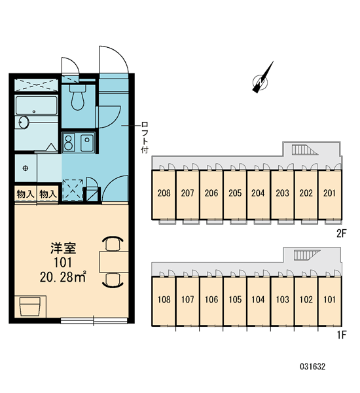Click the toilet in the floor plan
78,97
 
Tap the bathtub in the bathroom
37,105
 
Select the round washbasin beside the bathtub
24,122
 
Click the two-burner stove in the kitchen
68,142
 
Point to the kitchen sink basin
87,142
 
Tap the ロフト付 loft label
145,138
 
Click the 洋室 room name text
63,248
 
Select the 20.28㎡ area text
63,276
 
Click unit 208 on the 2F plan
164,193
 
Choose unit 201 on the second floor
329,193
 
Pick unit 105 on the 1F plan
235,299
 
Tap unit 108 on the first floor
164,299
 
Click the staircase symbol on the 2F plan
304,150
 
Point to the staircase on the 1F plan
307,255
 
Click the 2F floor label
341,234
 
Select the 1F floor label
342,335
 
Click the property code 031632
313,367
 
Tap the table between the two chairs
114,261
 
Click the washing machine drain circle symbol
26,168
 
